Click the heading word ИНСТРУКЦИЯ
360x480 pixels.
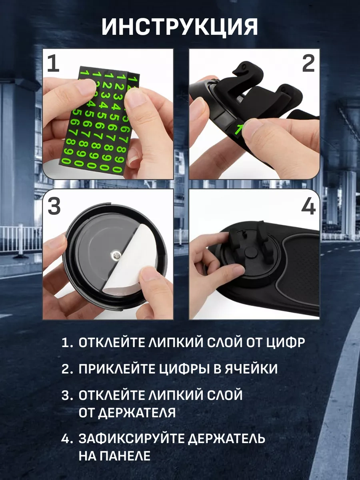(x=180, y=28)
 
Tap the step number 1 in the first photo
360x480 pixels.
(x=53, y=64)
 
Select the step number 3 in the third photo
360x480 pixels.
(x=54, y=206)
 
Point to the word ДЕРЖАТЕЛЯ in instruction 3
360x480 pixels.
(x=127, y=412)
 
